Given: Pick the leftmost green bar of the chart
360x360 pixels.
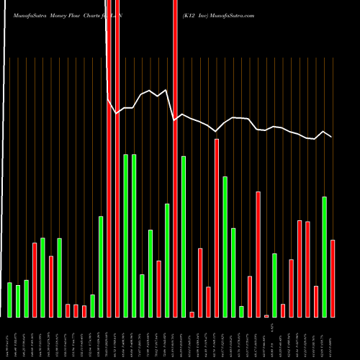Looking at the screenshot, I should coord(9,300).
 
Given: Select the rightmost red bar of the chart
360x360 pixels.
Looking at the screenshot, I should coord(333,278).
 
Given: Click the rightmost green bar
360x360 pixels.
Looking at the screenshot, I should coord(324,256).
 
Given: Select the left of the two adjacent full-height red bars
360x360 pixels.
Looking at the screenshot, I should coord(109,180).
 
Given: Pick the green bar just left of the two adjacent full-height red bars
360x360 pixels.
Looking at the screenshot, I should coord(101,266).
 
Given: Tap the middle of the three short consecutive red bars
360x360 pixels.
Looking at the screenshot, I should coord(76,310).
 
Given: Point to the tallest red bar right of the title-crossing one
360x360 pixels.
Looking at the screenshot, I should coord(217,228).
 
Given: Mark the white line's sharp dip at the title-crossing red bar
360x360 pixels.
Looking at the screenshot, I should coord(175,120).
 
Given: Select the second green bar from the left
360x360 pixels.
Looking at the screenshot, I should coord(18,301).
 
